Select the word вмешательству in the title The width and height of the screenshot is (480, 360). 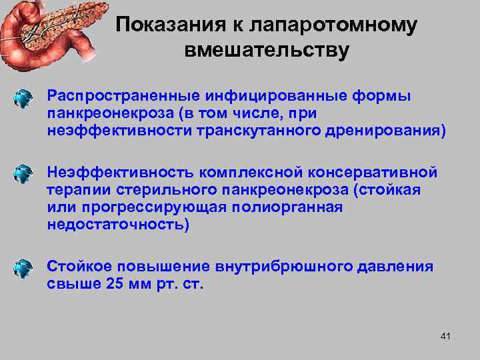[265, 51]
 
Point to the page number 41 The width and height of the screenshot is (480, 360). [446, 337]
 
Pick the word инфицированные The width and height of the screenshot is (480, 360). [267, 96]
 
